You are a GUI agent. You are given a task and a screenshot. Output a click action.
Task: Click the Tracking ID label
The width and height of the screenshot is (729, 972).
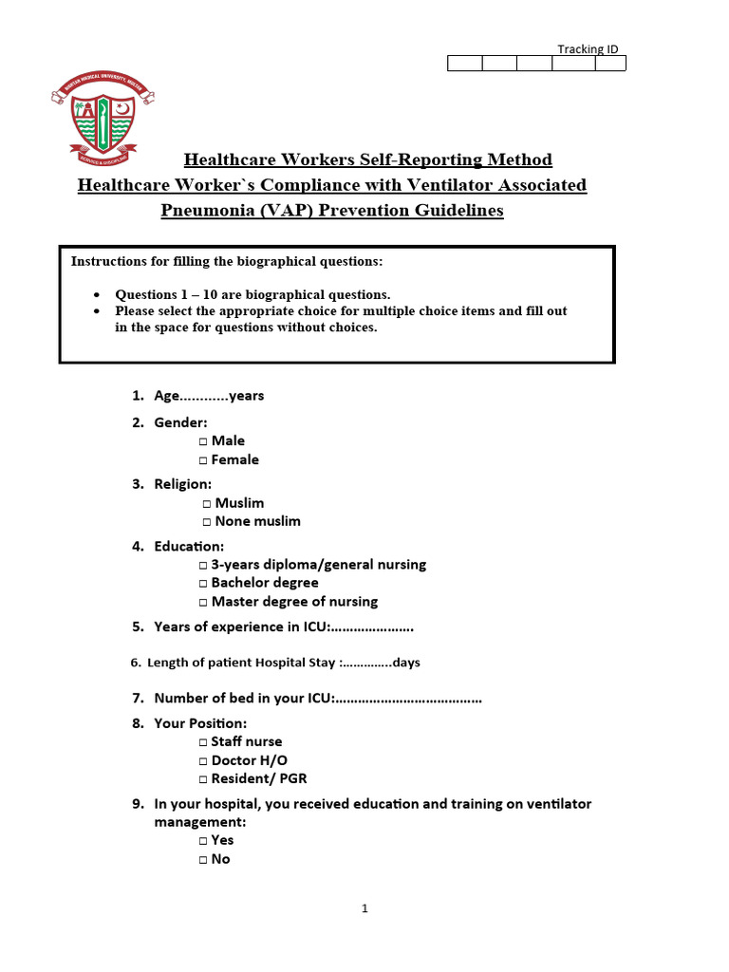pos(589,49)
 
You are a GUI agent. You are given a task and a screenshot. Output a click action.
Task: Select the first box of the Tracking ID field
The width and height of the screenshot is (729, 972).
pos(464,64)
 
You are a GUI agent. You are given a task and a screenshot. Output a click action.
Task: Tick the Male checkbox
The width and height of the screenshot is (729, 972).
pos(204,441)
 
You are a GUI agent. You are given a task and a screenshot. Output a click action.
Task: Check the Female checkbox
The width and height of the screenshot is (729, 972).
pos(204,460)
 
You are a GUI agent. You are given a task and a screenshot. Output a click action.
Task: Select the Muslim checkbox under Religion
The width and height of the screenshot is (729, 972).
pos(208,504)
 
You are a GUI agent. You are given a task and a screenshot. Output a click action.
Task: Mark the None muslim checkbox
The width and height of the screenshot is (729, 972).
pos(208,522)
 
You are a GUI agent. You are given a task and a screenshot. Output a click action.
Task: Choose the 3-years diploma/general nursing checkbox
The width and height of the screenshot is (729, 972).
pos(204,565)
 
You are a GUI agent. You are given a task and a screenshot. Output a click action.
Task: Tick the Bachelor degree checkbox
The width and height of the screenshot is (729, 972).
pos(204,584)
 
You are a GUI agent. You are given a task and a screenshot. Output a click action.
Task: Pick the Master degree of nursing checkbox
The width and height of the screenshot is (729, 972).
pos(204,602)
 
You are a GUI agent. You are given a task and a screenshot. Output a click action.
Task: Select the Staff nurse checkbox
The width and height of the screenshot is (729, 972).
pos(204,742)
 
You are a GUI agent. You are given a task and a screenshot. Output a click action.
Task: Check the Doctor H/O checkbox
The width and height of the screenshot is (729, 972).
pos(204,761)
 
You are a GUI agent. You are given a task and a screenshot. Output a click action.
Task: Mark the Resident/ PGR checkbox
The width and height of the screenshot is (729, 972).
pos(204,779)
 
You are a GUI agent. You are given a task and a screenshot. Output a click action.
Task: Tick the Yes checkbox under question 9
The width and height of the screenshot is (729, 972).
pos(204,841)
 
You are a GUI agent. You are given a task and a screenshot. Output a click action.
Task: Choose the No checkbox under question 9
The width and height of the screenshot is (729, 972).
pos(204,860)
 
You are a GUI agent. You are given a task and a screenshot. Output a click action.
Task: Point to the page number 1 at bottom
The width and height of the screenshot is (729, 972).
pos(364,908)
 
